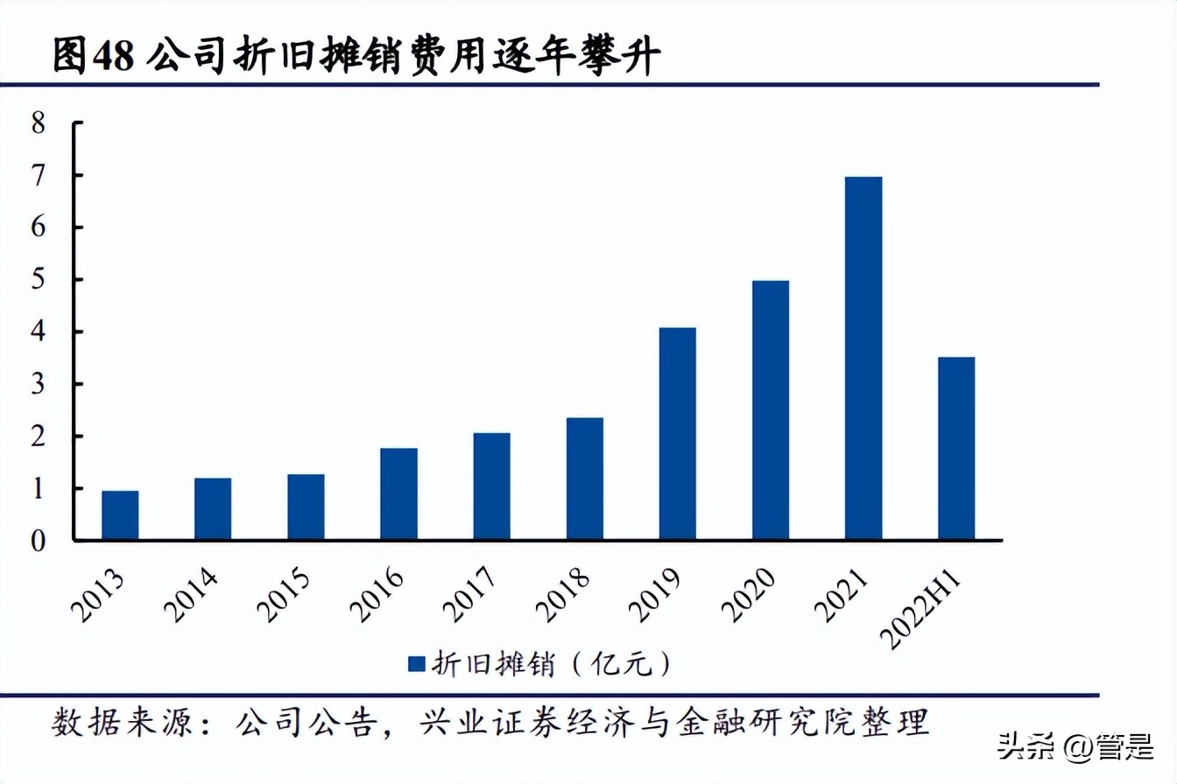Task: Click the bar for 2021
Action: click(x=863, y=358)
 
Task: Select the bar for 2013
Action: click(x=120, y=515)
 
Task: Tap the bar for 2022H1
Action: click(x=955, y=448)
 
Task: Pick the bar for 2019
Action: click(x=677, y=434)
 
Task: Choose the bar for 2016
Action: click(x=398, y=494)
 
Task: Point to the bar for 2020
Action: click(x=770, y=410)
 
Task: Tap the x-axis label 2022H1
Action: click(x=929, y=607)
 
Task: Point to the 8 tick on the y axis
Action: click(x=38, y=123)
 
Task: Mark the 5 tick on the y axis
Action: click(x=38, y=280)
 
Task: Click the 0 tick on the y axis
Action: click(x=38, y=542)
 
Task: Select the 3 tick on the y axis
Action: click(x=38, y=384)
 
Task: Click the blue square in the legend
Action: click(x=415, y=664)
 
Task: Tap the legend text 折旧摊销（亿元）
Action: click(x=552, y=664)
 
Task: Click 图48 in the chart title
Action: click(x=92, y=58)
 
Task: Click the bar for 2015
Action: click(x=306, y=507)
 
